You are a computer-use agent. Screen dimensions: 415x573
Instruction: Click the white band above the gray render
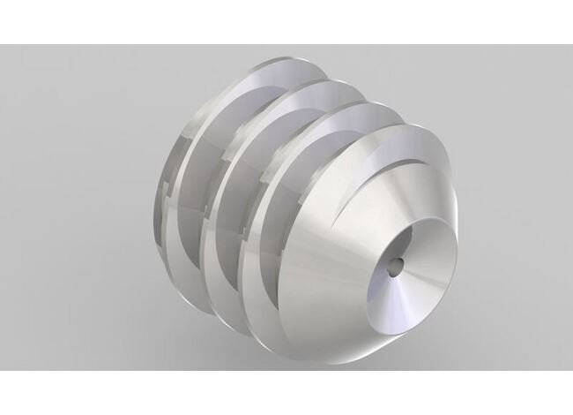click(x=286, y=22)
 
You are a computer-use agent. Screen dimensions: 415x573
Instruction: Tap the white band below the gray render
click(x=286, y=393)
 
